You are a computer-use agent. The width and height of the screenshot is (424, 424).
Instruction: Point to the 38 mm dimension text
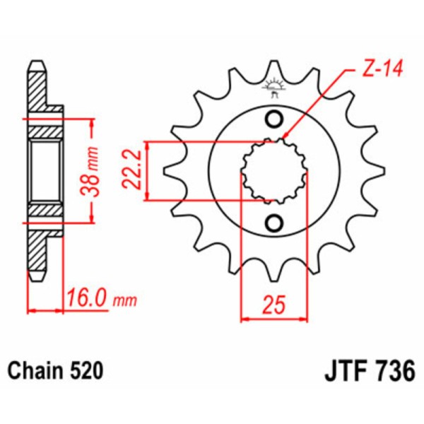point(105,170)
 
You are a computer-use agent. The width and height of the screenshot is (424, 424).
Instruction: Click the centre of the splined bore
point(274,170)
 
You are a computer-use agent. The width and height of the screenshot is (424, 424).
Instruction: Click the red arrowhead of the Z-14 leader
point(284,136)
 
